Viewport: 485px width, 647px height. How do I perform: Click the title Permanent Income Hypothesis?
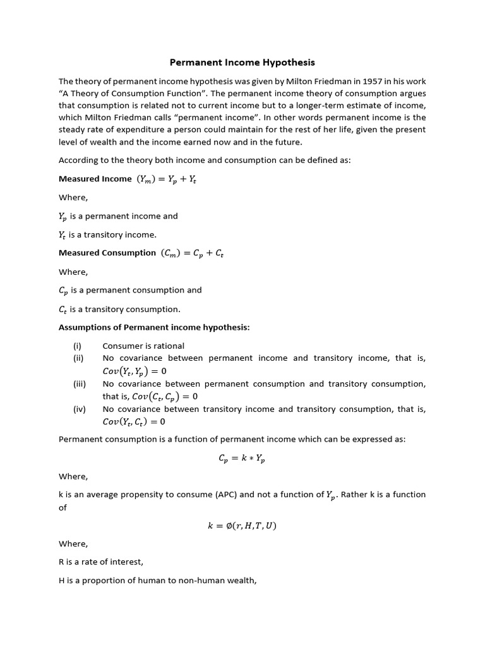pyautogui.click(x=242, y=63)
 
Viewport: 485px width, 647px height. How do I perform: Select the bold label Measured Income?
pyautogui.click(x=95, y=179)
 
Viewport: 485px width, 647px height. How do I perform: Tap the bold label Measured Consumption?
pyautogui.click(x=107, y=253)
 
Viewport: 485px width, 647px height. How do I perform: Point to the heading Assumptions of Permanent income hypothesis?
pyautogui.click(x=154, y=327)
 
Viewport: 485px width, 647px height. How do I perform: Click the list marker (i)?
pyautogui.click(x=77, y=346)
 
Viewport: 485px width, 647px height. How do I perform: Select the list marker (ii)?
pyautogui.click(x=78, y=358)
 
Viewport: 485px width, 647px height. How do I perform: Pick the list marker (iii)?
pyautogui.click(x=79, y=384)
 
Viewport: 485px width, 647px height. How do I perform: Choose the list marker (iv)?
pyautogui.click(x=79, y=409)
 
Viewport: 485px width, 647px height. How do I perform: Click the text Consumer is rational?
pyautogui.click(x=143, y=346)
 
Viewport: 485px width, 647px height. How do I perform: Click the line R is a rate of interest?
pyautogui.click(x=101, y=562)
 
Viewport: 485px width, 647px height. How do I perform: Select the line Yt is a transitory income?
pyautogui.click(x=107, y=234)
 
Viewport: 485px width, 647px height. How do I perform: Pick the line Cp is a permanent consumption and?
pyautogui.click(x=130, y=290)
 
